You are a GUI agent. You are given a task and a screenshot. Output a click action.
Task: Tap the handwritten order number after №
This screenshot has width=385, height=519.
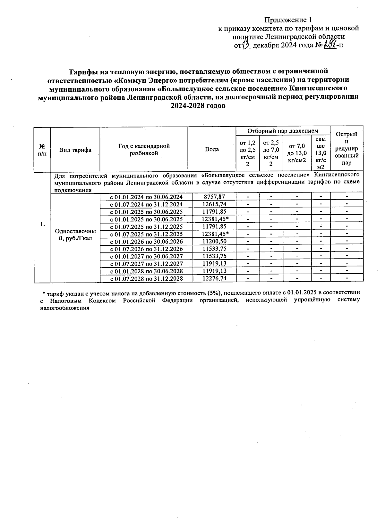(x=329, y=45)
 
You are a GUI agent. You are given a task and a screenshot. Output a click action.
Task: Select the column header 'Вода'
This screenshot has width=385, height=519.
(x=212, y=149)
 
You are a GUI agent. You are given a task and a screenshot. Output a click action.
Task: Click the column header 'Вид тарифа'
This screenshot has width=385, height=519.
(x=75, y=150)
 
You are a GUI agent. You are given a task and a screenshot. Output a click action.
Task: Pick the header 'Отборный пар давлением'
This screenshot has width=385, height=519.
(x=283, y=131)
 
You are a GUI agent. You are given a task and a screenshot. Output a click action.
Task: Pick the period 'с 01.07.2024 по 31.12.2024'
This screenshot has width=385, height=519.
(x=146, y=204)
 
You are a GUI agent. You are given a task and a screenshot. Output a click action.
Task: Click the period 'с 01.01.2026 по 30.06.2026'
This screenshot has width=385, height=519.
(x=146, y=241)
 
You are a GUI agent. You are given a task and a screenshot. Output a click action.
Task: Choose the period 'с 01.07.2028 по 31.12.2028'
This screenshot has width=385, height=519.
(x=146, y=278)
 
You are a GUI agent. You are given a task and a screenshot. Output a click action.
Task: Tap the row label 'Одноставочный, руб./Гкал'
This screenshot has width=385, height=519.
(x=75, y=235)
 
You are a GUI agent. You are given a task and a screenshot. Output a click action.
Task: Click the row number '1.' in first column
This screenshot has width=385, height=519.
(x=42, y=224)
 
